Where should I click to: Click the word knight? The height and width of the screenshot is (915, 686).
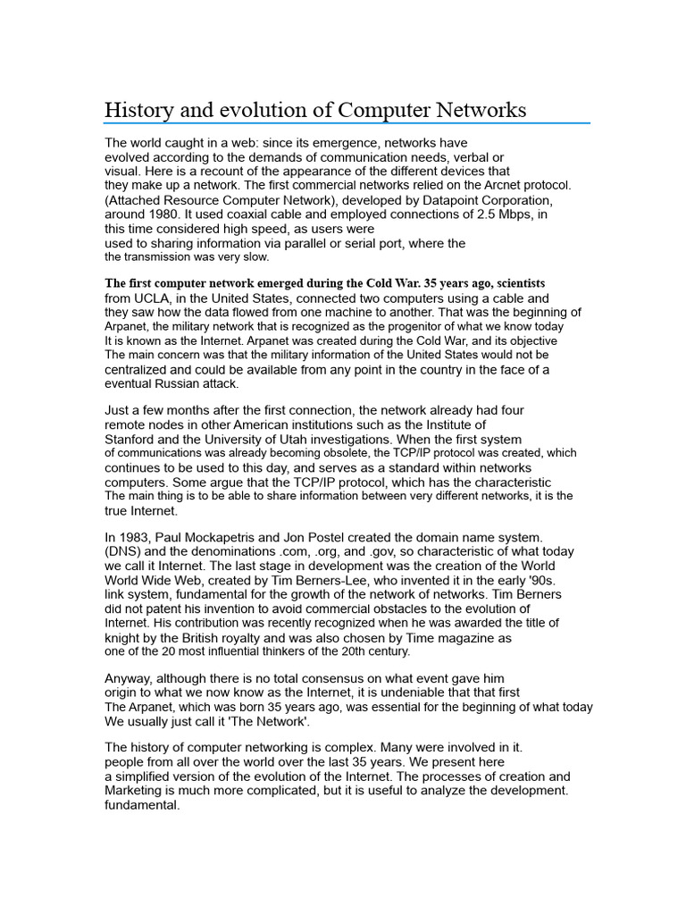124,638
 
